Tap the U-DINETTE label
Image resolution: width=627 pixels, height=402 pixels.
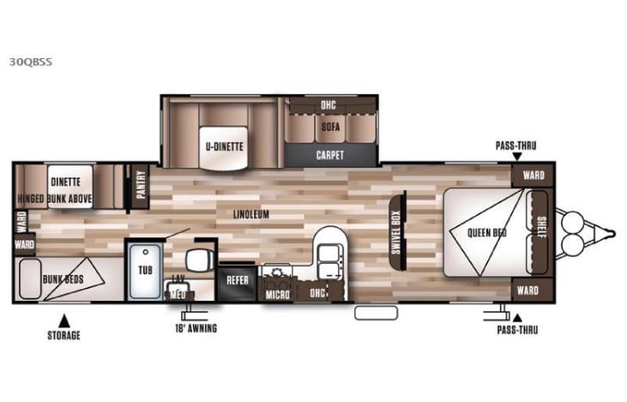click(223, 146)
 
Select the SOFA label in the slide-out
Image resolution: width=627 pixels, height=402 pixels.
click(331, 125)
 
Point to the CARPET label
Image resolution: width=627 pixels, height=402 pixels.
click(330, 155)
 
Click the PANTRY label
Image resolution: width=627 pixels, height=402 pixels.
click(141, 186)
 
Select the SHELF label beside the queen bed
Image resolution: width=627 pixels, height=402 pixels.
click(540, 231)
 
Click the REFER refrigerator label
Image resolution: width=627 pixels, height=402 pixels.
click(237, 280)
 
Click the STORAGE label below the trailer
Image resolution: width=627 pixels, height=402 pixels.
click(63, 334)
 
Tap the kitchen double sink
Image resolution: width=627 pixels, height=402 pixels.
click(328, 254)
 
